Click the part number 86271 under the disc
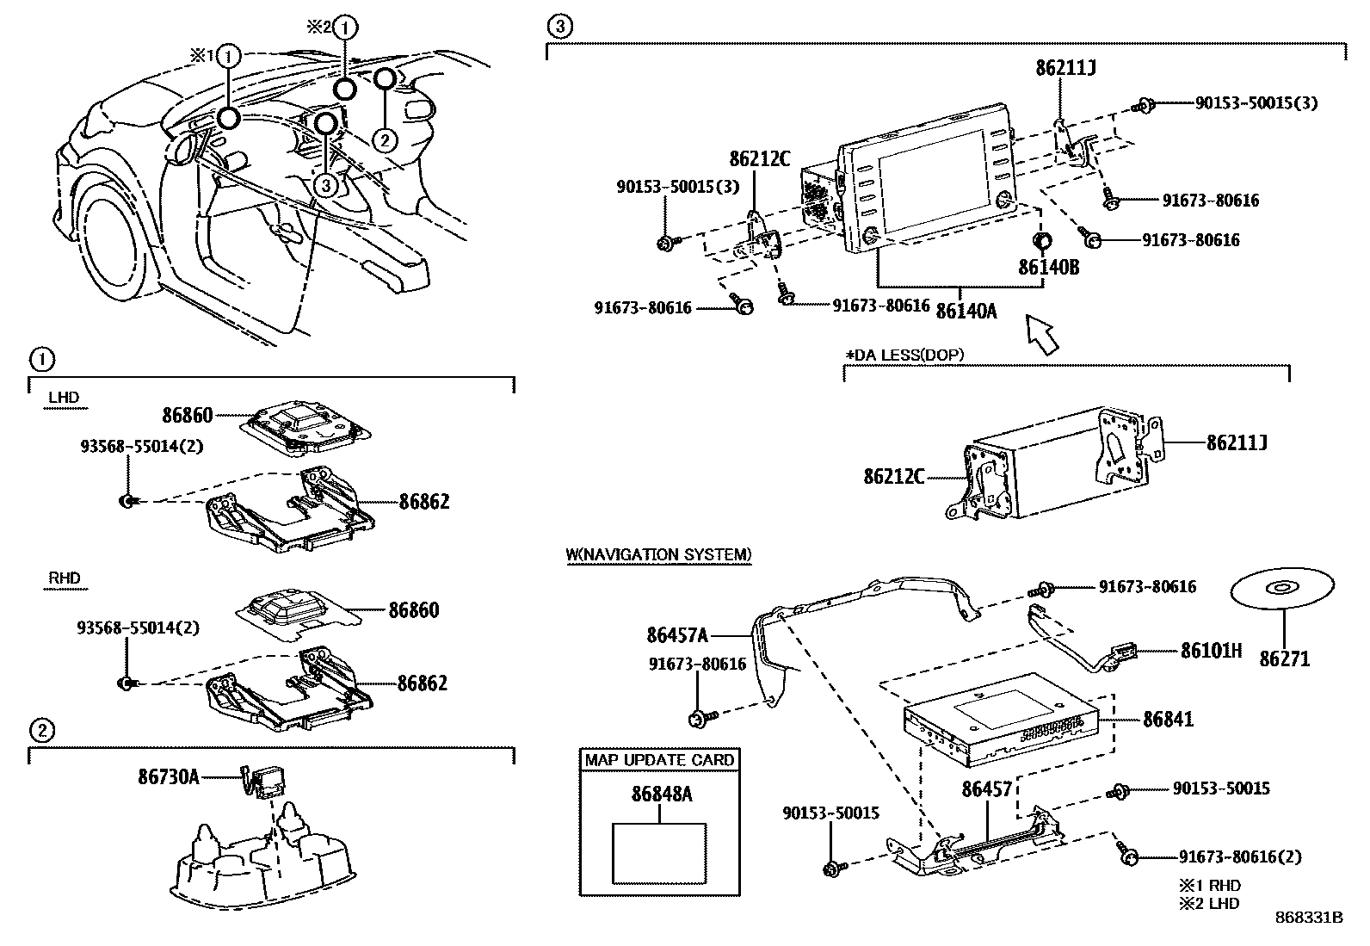click(1284, 659)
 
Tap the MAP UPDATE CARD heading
click(659, 760)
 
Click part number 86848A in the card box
click(661, 795)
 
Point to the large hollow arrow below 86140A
click(1041, 334)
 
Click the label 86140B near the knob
click(1048, 268)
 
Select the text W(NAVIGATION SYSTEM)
click(658, 554)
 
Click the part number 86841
click(1168, 719)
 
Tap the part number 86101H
click(1211, 650)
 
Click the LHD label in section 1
click(64, 397)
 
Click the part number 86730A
click(168, 777)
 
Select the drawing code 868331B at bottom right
click(1308, 918)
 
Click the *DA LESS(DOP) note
click(904, 355)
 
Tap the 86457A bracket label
click(677, 635)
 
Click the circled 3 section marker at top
click(558, 27)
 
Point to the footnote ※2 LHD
click(1209, 903)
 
